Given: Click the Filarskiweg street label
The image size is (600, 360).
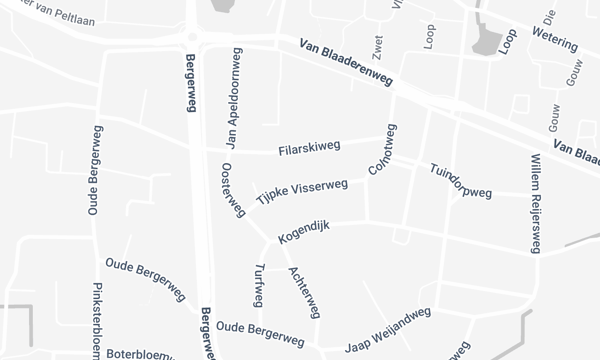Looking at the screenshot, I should click(310, 148).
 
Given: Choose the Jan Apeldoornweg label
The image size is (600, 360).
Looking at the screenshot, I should click(242, 96).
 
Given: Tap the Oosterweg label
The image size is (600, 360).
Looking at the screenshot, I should click(232, 191).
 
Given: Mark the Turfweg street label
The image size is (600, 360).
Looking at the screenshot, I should click(260, 283).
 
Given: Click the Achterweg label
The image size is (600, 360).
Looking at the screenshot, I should click(303, 292).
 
